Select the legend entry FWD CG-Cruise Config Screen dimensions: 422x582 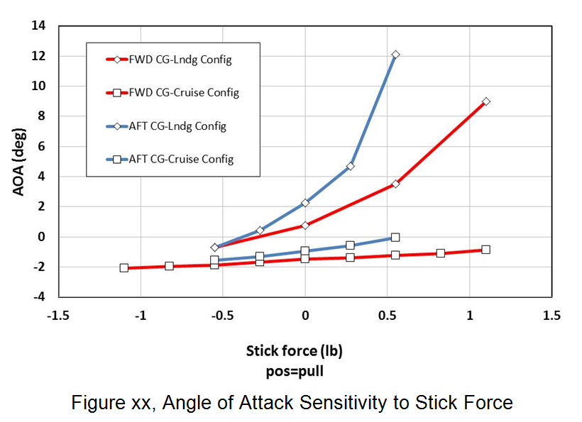pyautogui.click(x=183, y=93)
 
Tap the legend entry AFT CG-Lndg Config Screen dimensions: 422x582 pyautogui.click(x=177, y=126)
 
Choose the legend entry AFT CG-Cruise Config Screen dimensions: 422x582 pyautogui.click(x=181, y=160)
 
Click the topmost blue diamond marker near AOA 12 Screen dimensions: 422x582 pyautogui.click(x=395, y=55)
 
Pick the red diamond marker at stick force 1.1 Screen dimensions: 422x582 pyautogui.click(x=486, y=101)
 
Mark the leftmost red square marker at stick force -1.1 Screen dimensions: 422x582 pyautogui.click(x=124, y=268)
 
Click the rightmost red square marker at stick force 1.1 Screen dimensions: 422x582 pyautogui.click(x=486, y=250)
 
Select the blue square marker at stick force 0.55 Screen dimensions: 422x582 pyautogui.click(x=395, y=238)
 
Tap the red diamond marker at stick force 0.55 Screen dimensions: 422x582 pyautogui.click(x=395, y=184)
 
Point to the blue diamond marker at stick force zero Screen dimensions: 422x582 pyautogui.click(x=305, y=203)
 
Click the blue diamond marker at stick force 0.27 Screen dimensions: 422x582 pyautogui.click(x=350, y=166)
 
